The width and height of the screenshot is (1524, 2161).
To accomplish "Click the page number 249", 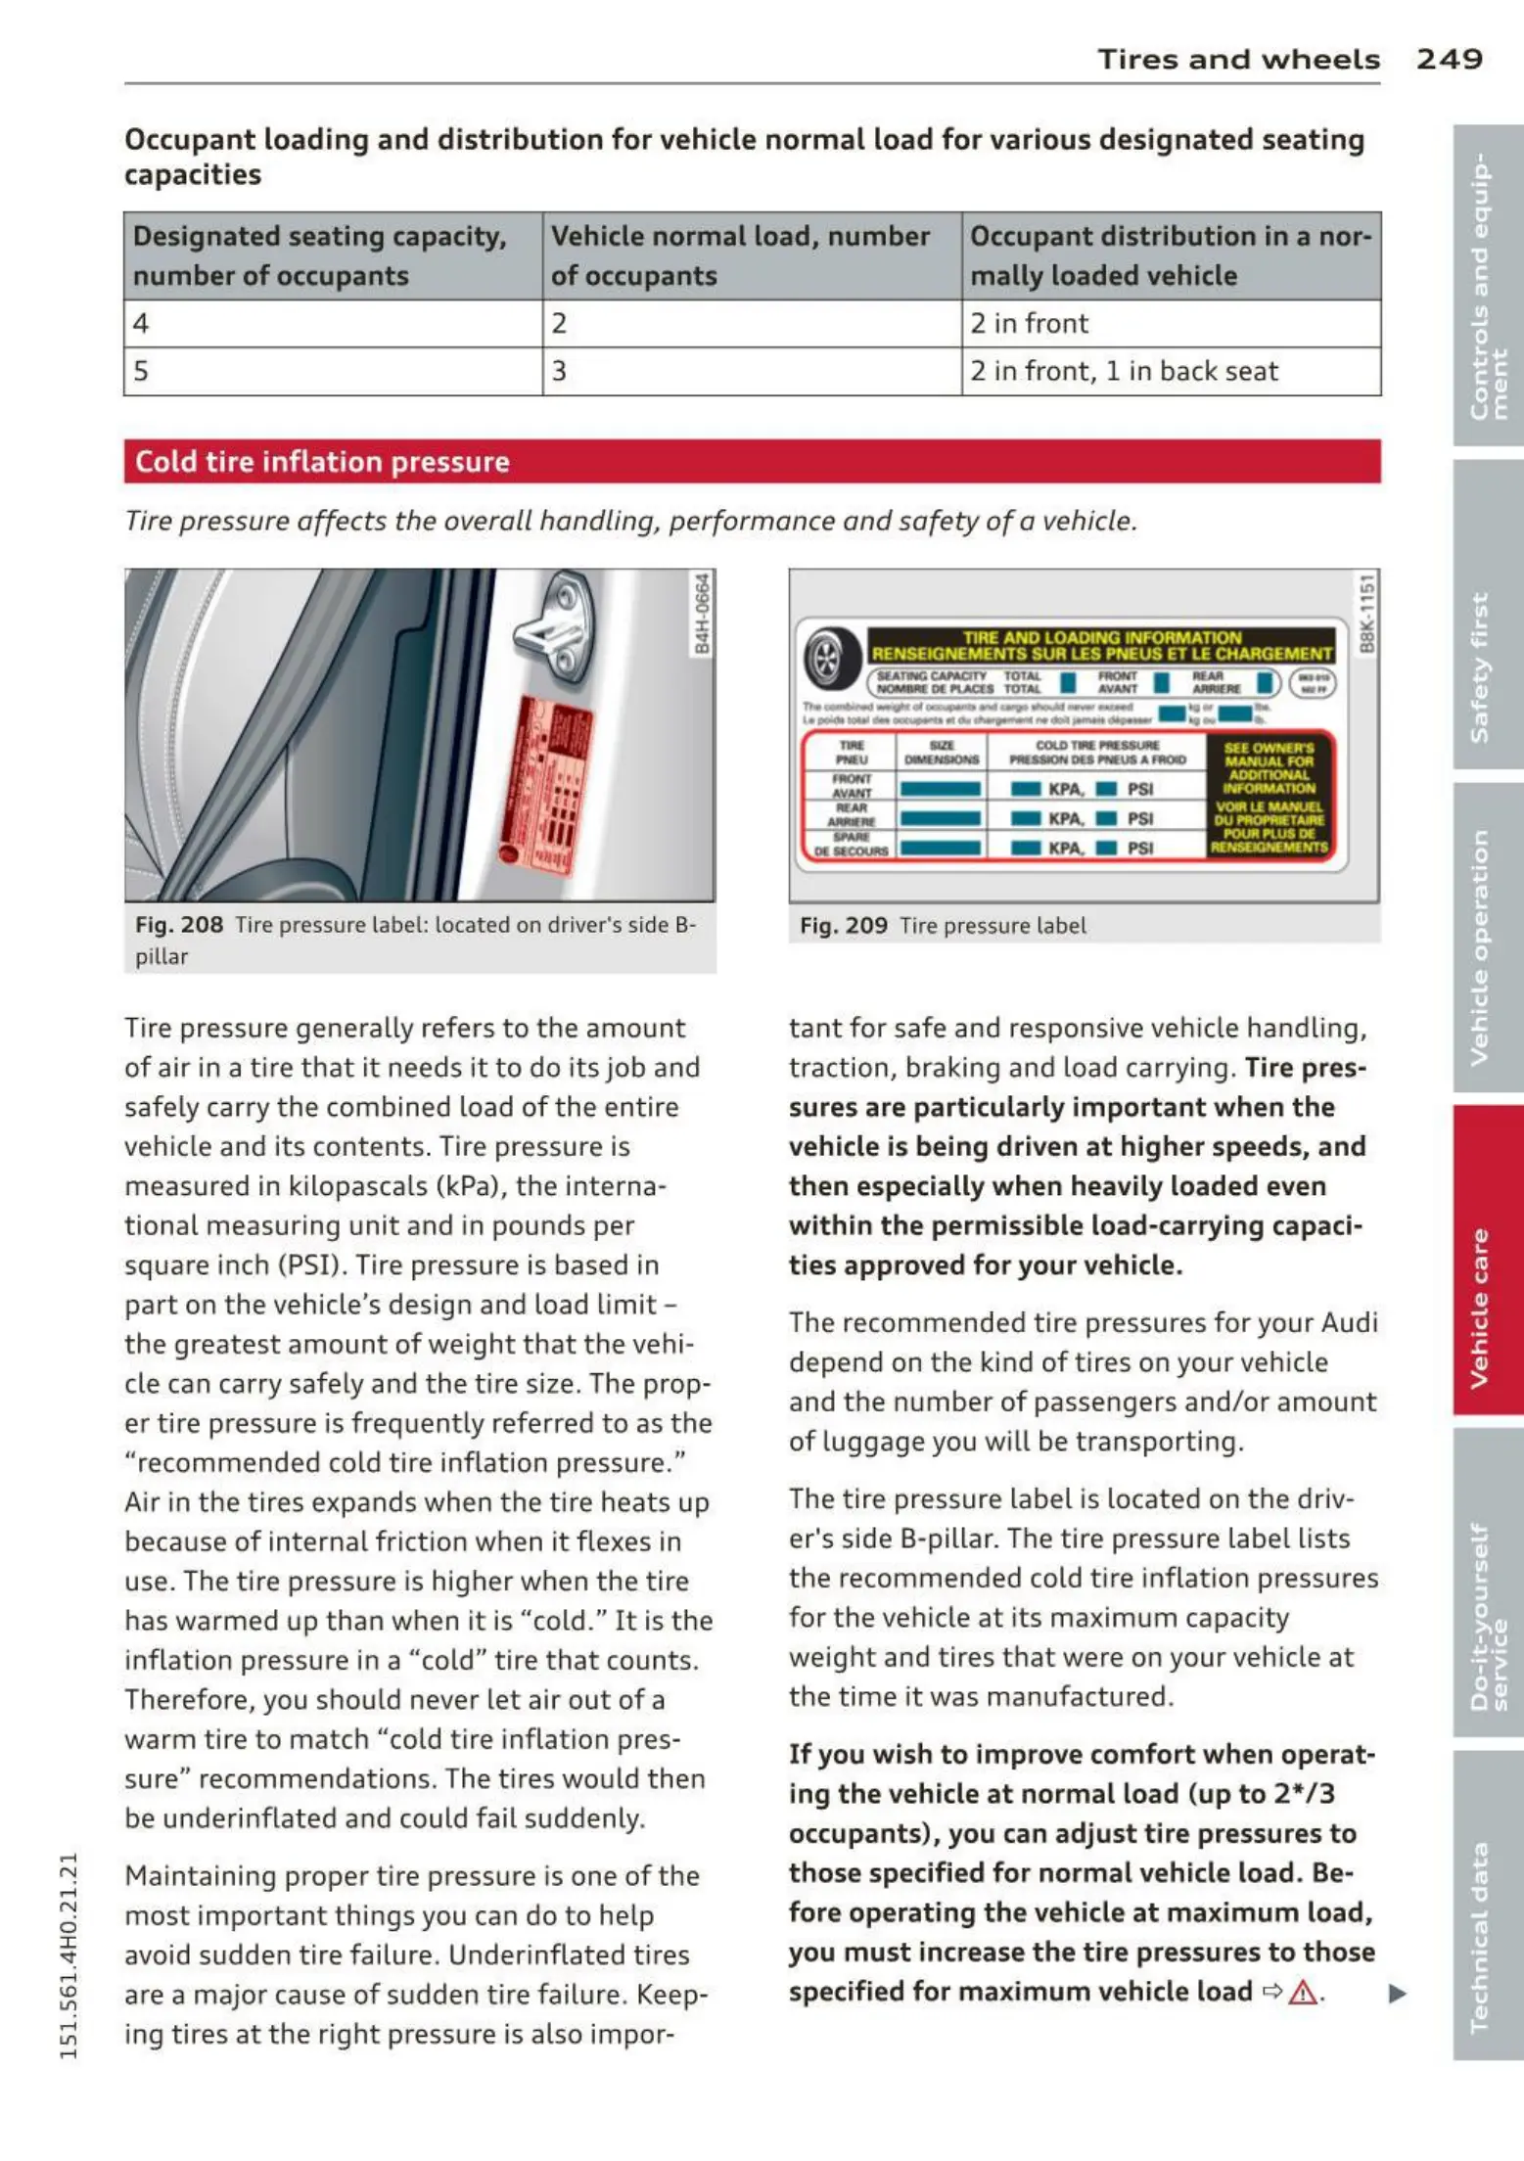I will click(x=1449, y=59).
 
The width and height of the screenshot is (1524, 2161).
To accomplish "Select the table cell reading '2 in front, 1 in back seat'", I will click(x=1123, y=372).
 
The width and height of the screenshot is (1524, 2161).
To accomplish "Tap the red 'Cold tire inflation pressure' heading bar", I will click(x=752, y=461).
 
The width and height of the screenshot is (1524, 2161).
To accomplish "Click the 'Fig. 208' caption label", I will click(x=179, y=925).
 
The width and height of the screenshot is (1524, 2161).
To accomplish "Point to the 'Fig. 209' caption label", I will click(x=844, y=926).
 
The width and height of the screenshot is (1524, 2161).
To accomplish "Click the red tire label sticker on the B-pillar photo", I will click(x=544, y=779).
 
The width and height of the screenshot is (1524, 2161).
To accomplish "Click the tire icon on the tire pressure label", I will click(x=827, y=657).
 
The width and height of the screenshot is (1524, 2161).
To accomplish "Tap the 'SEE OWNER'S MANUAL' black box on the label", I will click(x=1269, y=795).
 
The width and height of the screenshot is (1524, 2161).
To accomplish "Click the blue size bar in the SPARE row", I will click(x=940, y=848).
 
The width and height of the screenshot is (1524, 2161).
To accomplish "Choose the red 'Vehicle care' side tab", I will click(x=1486, y=1259).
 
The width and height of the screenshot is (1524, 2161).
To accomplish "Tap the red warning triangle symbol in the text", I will click(x=1303, y=1992).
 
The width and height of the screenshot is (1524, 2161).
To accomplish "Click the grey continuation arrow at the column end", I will click(x=1398, y=1993).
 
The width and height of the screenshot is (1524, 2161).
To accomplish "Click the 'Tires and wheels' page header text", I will click(x=1238, y=60).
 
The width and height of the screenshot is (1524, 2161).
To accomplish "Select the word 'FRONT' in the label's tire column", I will click(x=851, y=779).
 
